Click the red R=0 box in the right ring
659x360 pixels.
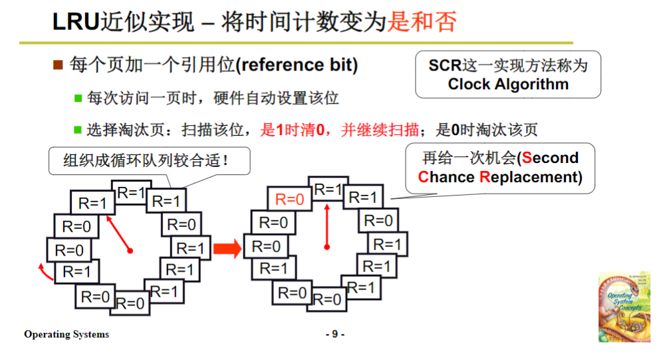coord(289,198)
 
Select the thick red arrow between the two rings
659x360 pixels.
coord(227,249)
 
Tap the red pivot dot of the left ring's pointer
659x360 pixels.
coord(130,251)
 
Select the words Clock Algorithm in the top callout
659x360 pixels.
coord(508,85)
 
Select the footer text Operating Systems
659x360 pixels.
coord(66,334)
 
